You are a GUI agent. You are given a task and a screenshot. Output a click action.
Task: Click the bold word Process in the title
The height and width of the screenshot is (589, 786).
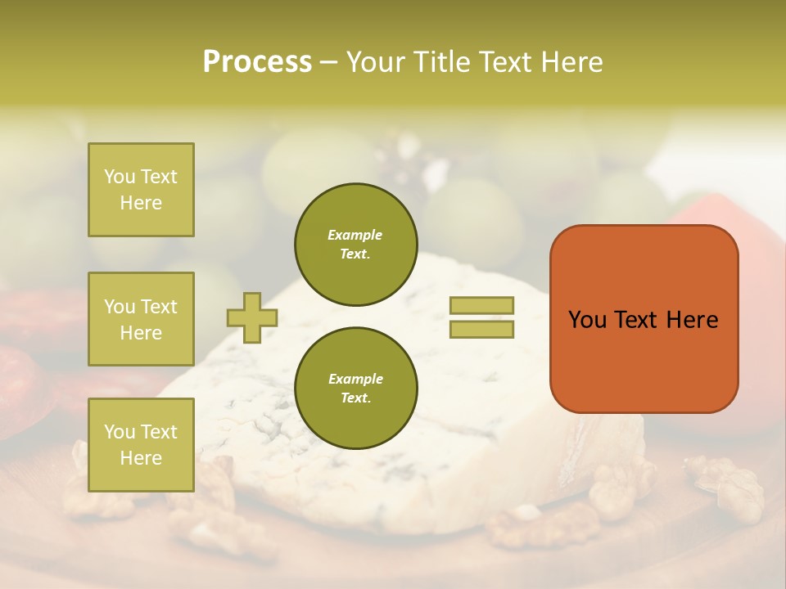click(x=257, y=62)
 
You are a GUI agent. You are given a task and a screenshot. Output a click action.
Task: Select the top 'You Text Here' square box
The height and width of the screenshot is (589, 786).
click(x=141, y=190)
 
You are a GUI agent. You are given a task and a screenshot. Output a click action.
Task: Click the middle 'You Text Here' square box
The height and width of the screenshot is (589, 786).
click(x=141, y=319)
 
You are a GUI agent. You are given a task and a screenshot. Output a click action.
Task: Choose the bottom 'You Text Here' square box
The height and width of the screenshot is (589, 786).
click(x=141, y=444)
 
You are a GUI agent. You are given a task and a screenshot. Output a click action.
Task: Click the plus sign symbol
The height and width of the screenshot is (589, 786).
click(x=252, y=317)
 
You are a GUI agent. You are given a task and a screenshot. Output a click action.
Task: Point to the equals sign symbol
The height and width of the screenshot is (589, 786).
click(x=481, y=317)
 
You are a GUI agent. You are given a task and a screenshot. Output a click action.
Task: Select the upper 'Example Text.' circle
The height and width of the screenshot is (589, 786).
click(x=356, y=245)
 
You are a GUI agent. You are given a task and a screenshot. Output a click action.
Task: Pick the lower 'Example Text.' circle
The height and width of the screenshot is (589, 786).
click(x=356, y=389)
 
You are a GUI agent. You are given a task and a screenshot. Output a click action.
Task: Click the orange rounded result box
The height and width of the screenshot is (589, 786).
click(x=644, y=319)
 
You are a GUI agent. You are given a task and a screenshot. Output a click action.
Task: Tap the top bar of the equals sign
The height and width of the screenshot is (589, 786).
click(x=481, y=306)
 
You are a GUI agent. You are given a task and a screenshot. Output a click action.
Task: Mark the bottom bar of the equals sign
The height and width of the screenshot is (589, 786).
click(x=481, y=330)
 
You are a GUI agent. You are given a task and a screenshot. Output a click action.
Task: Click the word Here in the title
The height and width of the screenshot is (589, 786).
click(x=571, y=62)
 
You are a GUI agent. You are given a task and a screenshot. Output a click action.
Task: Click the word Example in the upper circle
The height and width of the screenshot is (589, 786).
click(x=355, y=235)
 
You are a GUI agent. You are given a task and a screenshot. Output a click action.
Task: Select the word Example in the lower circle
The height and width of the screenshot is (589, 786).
click(x=355, y=379)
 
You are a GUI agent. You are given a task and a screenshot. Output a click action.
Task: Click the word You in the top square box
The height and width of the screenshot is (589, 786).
click(x=120, y=177)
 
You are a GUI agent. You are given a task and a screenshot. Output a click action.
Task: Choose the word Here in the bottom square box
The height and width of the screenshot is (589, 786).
click(x=141, y=458)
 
